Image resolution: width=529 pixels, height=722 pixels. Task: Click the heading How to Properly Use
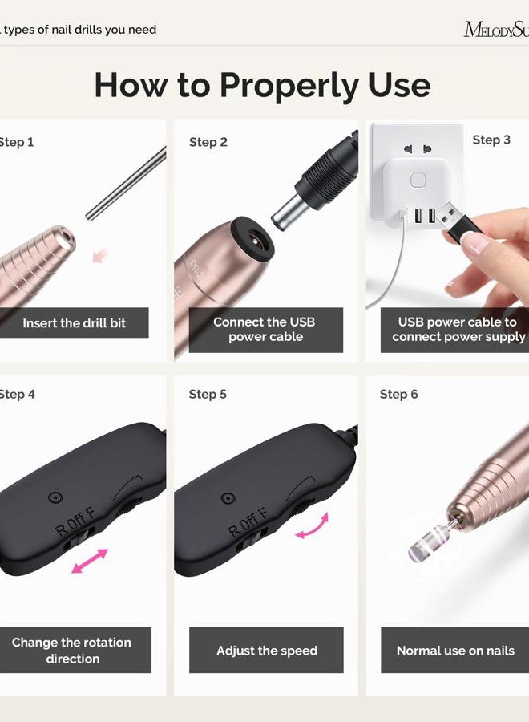tap(262, 85)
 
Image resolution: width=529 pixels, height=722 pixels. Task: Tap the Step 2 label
tap(208, 142)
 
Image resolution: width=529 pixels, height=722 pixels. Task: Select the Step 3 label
tap(491, 140)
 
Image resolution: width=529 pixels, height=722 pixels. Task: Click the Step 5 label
tap(208, 394)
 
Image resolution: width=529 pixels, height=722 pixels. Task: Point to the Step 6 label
tap(398, 394)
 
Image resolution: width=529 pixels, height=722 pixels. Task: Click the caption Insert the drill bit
tap(74, 323)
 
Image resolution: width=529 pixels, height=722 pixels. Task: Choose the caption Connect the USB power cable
tap(264, 329)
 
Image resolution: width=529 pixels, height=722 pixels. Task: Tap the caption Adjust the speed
tap(266, 651)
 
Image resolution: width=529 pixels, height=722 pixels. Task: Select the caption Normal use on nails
tap(454, 651)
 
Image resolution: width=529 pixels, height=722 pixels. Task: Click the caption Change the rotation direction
tap(71, 651)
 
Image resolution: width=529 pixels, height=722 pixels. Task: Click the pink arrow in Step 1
tap(99, 255)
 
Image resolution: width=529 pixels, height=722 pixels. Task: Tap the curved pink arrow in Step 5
tap(312, 526)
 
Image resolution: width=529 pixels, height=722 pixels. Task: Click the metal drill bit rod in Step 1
tap(125, 185)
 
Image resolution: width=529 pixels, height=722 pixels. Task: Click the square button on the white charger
tap(418, 180)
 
